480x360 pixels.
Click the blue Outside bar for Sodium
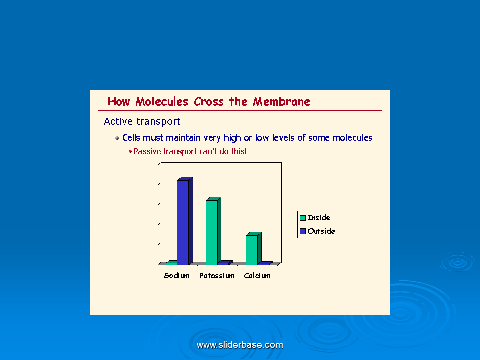click(185, 221)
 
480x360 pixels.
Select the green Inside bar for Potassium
click(213, 231)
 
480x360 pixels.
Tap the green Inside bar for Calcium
click(253, 248)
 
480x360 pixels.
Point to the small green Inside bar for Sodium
click(171, 262)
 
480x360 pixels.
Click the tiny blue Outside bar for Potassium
click(225, 262)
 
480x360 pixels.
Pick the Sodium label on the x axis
click(177, 276)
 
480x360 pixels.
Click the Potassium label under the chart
click(217, 276)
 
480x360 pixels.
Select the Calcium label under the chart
click(257, 276)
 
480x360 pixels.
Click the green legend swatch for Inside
click(303, 218)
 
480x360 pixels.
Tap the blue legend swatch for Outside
click(303, 231)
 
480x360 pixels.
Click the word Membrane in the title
click(281, 102)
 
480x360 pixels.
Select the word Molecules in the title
click(162, 102)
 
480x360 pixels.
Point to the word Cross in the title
click(209, 102)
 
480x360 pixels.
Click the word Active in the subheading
click(118, 121)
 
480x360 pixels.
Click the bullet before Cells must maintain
click(117, 138)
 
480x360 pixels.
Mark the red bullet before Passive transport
click(130, 151)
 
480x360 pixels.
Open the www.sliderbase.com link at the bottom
click(240, 345)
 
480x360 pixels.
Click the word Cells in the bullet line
click(131, 138)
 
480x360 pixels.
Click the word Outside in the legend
click(321, 231)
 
